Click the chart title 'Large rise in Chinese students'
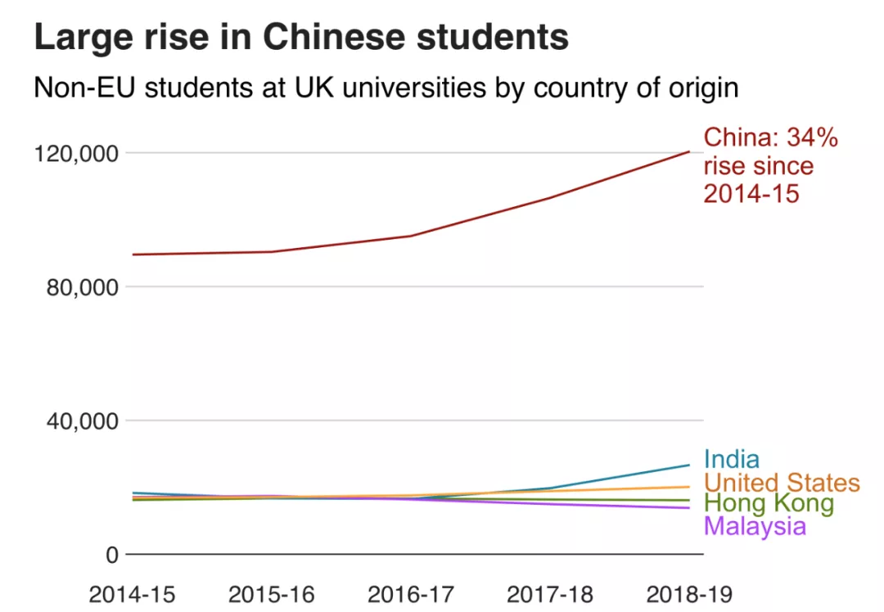tap(301, 38)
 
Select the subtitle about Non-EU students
tap(386, 87)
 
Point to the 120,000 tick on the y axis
tap(74, 153)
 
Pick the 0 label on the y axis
tap(112, 555)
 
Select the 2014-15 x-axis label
tap(132, 593)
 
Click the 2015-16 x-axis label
tap(271, 593)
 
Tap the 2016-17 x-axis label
tap(410, 593)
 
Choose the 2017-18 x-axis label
tap(549, 593)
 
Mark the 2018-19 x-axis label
tap(688, 593)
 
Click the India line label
tap(731, 460)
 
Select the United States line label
tap(782, 483)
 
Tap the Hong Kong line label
tap(769, 504)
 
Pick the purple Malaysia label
tap(755, 526)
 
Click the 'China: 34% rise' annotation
tap(770, 166)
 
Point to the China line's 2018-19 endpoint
tap(689, 151)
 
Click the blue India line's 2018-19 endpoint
tap(689, 465)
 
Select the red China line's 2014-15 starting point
tap(133, 254)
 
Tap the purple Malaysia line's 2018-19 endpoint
tap(689, 507)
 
